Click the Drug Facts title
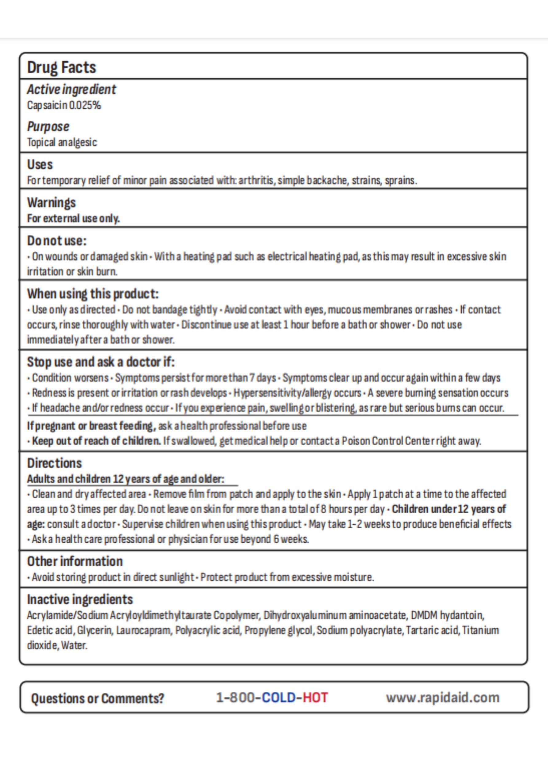61,68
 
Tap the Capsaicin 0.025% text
64,106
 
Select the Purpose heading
48,126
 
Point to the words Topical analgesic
62,142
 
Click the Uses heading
40,165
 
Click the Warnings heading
51,203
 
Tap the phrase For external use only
73,219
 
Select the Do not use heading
57,241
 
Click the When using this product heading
92,294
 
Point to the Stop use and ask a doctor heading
101,362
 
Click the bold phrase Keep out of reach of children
96,441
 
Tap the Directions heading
54,463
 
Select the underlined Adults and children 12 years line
125,479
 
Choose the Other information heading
75,561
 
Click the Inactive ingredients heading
80,599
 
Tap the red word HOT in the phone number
315,697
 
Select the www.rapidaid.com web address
443,697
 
